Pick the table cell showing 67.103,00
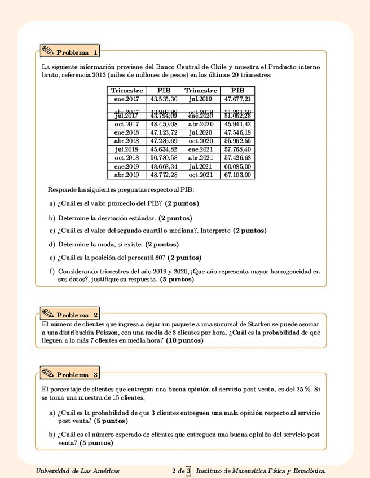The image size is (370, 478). pyautogui.click(x=237, y=175)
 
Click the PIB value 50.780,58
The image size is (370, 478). pyautogui.click(x=164, y=158)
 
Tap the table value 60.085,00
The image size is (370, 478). pyautogui.click(x=237, y=166)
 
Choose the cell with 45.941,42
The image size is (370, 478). pyautogui.click(x=237, y=124)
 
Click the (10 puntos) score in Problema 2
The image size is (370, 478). pyautogui.click(x=184, y=341)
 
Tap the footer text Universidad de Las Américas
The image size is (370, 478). pyautogui.click(x=77, y=471)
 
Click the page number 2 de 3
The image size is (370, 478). pyautogui.click(x=181, y=471)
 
